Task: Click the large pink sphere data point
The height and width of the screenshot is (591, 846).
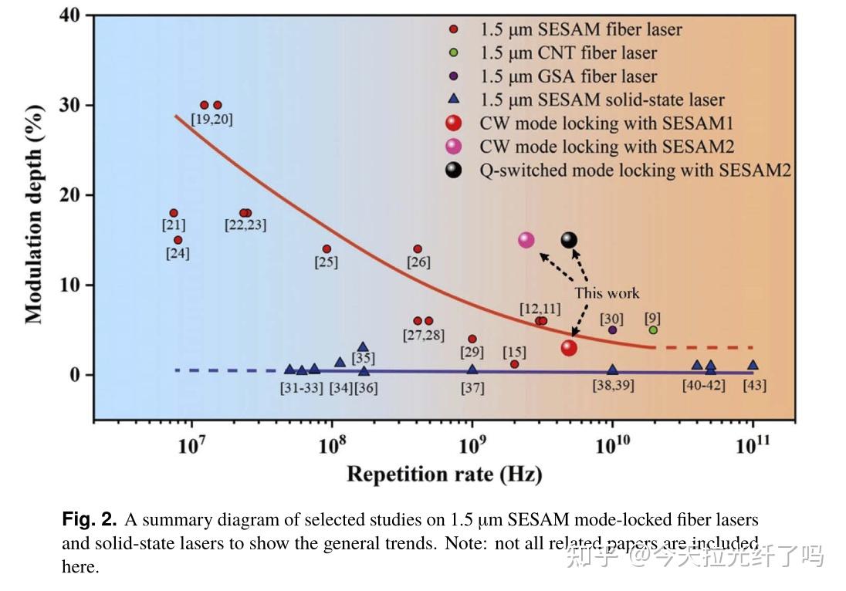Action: (526, 240)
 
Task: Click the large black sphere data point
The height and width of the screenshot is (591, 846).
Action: (569, 240)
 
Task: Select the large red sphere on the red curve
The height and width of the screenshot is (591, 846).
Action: (569, 348)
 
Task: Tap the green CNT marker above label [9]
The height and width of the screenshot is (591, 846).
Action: (653, 330)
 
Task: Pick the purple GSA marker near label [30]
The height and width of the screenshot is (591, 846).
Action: (613, 330)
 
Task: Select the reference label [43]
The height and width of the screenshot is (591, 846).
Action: (753, 386)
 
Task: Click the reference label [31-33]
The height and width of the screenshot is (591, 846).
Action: (301, 387)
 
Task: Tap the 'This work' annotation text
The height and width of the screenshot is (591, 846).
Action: (607, 293)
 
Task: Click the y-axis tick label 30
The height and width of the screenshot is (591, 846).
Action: (72, 105)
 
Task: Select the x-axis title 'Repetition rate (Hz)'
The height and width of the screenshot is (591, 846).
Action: (444, 473)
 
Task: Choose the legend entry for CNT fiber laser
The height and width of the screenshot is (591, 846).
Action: (568, 53)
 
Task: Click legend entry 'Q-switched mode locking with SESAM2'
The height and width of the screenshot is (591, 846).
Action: (635, 171)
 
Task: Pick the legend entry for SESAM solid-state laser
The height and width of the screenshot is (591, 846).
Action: (602, 100)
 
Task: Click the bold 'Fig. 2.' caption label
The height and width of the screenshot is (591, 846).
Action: (90, 519)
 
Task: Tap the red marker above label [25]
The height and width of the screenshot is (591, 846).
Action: (327, 249)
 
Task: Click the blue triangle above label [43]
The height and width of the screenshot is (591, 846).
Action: (753, 366)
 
